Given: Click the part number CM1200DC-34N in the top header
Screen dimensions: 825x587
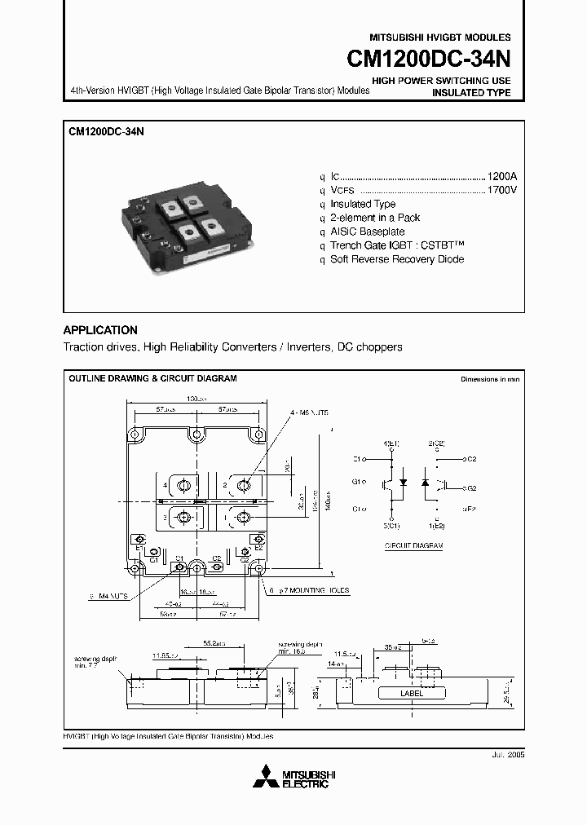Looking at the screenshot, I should (x=429, y=60).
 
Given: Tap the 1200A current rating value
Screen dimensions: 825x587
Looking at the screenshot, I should (x=501, y=176).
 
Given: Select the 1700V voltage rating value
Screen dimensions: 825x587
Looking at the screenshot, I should (x=501, y=190).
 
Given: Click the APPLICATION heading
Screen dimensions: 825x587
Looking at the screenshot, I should (x=100, y=330).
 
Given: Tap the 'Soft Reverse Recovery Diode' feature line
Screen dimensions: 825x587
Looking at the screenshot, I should (x=397, y=259).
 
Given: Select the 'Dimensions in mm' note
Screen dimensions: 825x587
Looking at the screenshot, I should (x=489, y=380).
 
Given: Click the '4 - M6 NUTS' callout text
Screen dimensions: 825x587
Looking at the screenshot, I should (x=309, y=413).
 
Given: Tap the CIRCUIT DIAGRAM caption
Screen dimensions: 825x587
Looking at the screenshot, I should (x=413, y=545).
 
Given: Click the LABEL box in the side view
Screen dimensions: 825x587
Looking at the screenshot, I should (x=412, y=693).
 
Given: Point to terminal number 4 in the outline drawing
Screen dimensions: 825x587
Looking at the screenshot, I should (x=165, y=486).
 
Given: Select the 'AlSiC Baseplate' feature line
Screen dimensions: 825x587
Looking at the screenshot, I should (x=367, y=232).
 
